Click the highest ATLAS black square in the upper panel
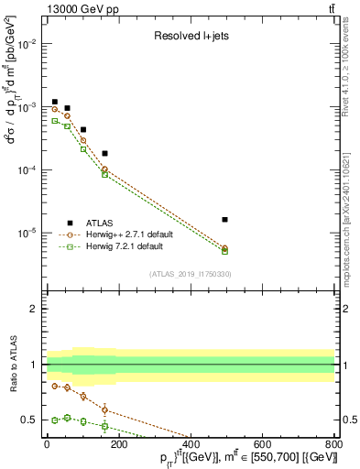pos(55,102)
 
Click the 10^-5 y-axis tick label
pos(27,233)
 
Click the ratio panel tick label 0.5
pos(29,420)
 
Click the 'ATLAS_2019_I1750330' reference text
pos(191,274)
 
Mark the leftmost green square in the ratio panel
pos(55,420)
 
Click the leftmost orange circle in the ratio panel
pos(55,386)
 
